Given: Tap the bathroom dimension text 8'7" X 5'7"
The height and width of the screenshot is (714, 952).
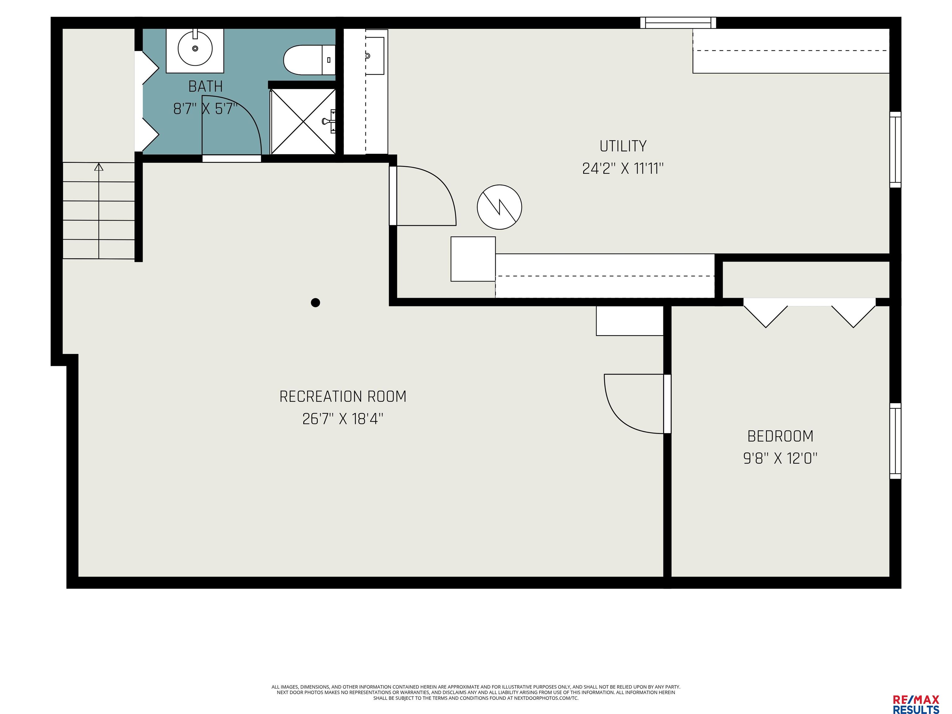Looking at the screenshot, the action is pos(205,109).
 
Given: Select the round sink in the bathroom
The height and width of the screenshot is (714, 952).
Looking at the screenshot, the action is pos(195,48).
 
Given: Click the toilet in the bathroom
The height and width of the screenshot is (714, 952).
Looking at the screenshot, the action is pos(309,60).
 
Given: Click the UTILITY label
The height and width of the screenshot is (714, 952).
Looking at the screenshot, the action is pos(623,146).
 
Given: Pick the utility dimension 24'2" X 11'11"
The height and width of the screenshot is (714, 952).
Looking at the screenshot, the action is pos(623,169).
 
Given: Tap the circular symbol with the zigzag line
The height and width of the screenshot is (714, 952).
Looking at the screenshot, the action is pos(499,207).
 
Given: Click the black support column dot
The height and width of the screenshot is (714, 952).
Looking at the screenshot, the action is pos(315,302).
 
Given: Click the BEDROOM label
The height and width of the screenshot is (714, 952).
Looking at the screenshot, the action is pos(780,436).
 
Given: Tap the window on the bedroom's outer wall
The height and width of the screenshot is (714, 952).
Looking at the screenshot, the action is pos(895,441).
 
